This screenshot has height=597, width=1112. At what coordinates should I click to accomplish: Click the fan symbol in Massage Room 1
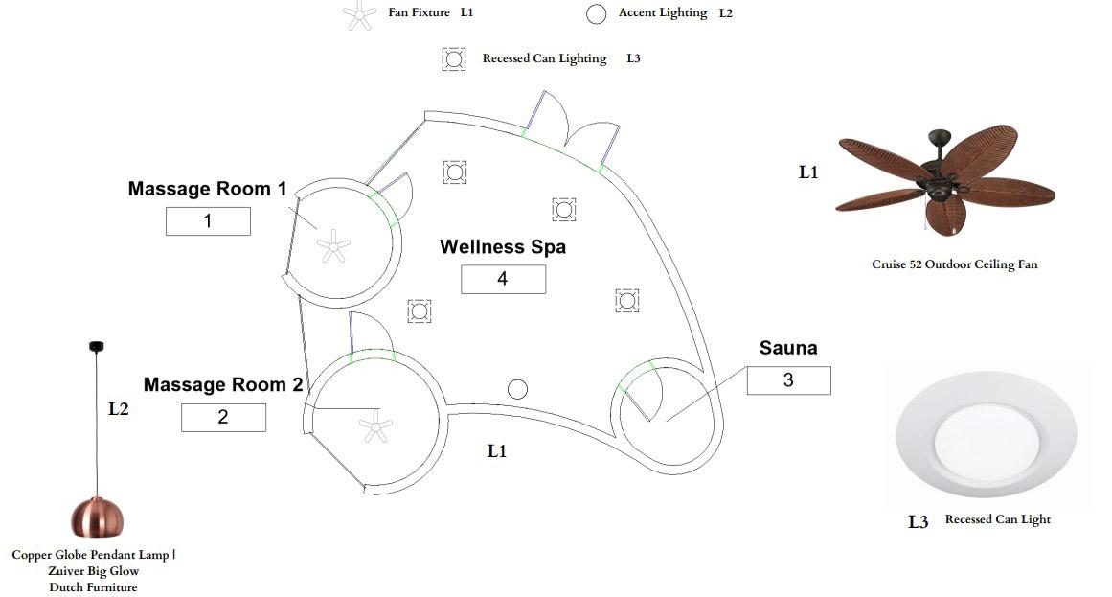(333, 247)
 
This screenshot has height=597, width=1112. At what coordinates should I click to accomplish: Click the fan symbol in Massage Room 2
(374, 426)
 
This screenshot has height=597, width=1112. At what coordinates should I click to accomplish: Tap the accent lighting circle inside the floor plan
(517, 389)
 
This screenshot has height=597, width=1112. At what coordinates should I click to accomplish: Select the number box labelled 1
(208, 221)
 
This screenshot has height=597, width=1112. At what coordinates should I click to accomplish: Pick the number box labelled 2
(223, 418)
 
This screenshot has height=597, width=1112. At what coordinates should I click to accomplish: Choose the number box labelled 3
(788, 380)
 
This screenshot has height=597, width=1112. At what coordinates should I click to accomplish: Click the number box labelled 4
(503, 279)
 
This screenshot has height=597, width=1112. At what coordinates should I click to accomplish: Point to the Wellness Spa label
(503, 247)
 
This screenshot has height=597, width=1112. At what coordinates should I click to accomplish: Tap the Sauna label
(788, 348)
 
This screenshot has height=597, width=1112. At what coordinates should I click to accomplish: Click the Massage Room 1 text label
(207, 189)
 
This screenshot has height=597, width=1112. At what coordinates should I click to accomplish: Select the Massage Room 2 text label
(223, 385)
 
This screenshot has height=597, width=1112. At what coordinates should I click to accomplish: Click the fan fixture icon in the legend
(360, 14)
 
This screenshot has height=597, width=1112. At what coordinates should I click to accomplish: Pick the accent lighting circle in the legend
(597, 13)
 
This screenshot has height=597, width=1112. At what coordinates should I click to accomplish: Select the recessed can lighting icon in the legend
(453, 58)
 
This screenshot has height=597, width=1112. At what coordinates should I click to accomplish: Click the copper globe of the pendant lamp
(97, 517)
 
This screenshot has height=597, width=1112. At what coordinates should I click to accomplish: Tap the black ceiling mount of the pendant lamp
(97, 346)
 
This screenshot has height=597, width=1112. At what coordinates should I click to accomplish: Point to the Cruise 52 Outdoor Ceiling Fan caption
(954, 264)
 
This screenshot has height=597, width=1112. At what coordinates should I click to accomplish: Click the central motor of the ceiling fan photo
(938, 181)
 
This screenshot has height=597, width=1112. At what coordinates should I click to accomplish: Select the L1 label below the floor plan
(496, 451)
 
